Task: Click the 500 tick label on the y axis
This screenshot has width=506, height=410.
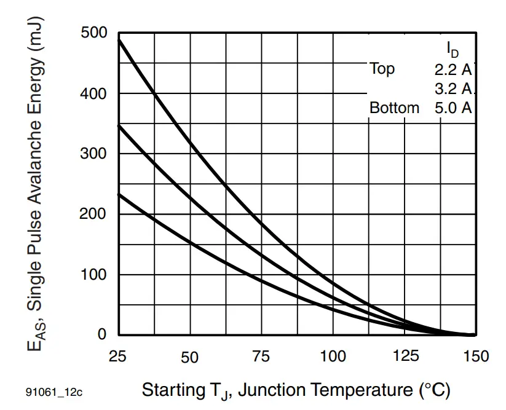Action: (x=94, y=33)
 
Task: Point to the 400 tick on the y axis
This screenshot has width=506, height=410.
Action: (x=94, y=94)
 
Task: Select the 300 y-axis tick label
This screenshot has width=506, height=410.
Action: (x=94, y=154)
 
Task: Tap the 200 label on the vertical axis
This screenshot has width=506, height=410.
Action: (x=94, y=214)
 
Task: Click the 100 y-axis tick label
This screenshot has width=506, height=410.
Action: (x=94, y=274)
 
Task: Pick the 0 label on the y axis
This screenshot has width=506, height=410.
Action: (x=102, y=334)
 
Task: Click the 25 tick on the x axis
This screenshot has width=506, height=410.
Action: (x=118, y=356)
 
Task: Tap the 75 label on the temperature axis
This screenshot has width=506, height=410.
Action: (x=261, y=356)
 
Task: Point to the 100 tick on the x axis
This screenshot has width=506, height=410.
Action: (x=333, y=356)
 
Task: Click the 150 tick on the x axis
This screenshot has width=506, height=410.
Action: (x=475, y=356)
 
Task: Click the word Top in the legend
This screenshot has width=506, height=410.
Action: (x=382, y=69)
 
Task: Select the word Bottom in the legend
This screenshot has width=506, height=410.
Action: (x=394, y=108)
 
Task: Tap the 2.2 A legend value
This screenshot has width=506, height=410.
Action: (x=453, y=69)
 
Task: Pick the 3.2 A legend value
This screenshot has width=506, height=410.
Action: (x=453, y=89)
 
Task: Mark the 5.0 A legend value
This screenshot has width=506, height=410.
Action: (x=453, y=108)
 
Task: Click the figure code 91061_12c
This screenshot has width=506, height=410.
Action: (x=54, y=392)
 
